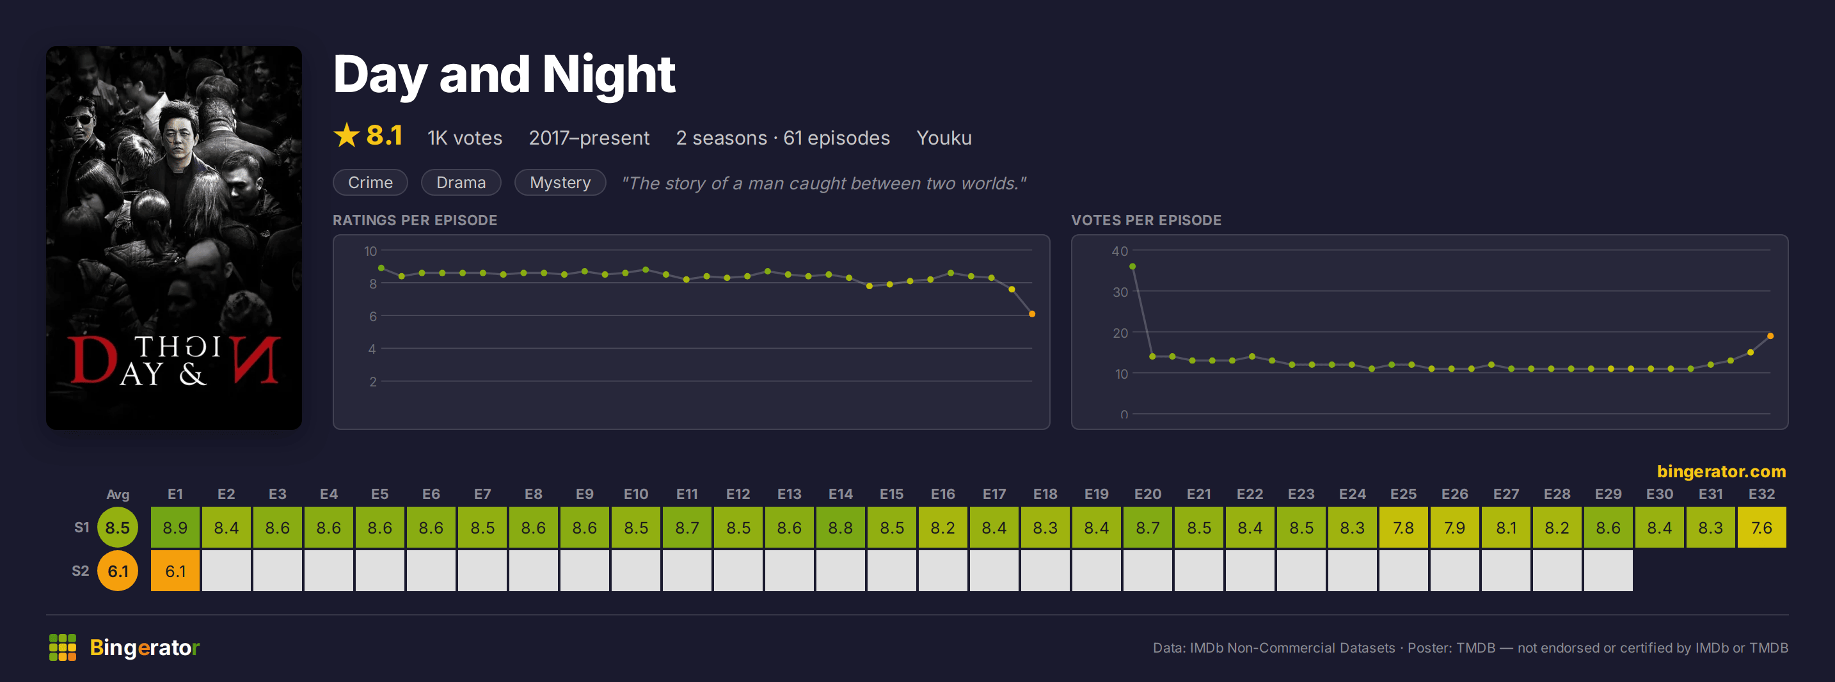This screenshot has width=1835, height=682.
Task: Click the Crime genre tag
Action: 370,182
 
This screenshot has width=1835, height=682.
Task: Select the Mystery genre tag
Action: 560,182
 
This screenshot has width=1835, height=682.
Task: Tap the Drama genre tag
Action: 461,182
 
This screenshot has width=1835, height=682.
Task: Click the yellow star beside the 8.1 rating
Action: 346,136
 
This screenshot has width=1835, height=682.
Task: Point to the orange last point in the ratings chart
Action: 1031,313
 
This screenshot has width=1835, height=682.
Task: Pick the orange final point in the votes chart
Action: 1770,336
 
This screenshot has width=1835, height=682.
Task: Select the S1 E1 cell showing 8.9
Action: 175,527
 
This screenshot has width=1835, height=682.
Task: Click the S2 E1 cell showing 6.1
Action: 175,571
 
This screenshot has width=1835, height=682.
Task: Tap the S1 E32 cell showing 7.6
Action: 1761,527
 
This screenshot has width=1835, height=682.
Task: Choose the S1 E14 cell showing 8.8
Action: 841,527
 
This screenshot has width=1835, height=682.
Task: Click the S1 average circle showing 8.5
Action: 118,527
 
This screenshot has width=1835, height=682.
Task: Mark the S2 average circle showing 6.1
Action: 118,571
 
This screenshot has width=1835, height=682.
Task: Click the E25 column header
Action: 1403,494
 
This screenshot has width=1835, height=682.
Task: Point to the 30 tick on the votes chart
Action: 1120,292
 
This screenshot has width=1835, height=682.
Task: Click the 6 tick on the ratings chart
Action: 372,317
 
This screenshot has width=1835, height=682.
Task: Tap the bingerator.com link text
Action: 1721,471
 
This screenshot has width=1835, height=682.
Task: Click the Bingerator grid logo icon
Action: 63,647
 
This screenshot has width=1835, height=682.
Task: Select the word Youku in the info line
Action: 944,138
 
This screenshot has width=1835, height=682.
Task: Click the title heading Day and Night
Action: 504,75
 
